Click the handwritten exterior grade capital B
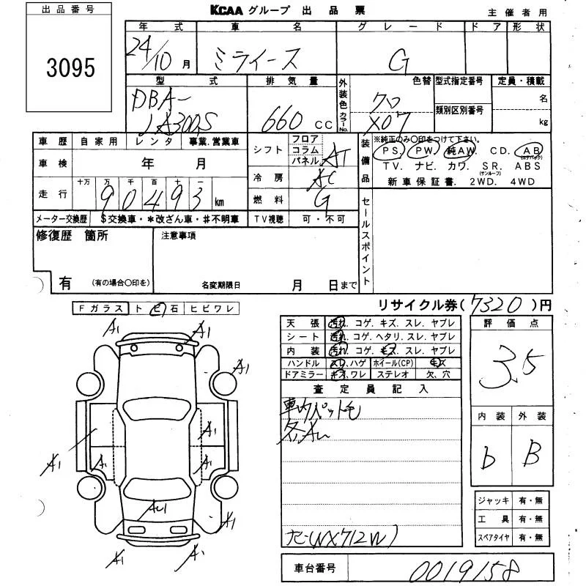pos(532,456)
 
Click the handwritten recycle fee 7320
pos(497,303)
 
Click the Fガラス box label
pos(101,309)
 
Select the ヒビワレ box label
pos(211,309)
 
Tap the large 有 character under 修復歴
pos(65,283)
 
